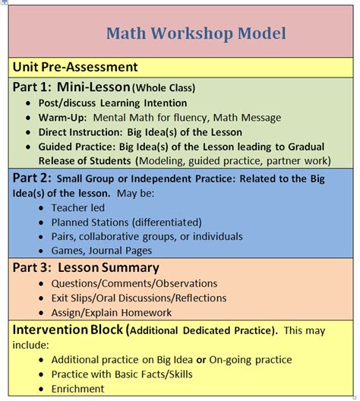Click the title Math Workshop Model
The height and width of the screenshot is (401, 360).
click(x=196, y=33)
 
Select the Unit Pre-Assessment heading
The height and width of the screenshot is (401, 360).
click(x=74, y=68)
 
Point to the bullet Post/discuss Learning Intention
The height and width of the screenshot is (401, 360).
click(x=113, y=103)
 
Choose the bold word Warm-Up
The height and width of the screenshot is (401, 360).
click(x=63, y=117)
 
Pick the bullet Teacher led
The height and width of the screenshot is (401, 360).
click(x=77, y=207)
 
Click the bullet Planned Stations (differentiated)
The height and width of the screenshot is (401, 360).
click(x=126, y=222)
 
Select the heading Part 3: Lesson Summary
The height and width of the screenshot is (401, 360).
click(x=85, y=267)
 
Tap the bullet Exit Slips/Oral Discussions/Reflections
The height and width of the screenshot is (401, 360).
click(x=139, y=298)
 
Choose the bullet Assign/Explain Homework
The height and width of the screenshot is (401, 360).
click(x=111, y=312)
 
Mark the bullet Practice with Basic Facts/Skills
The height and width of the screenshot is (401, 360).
click(x=122, y=374)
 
